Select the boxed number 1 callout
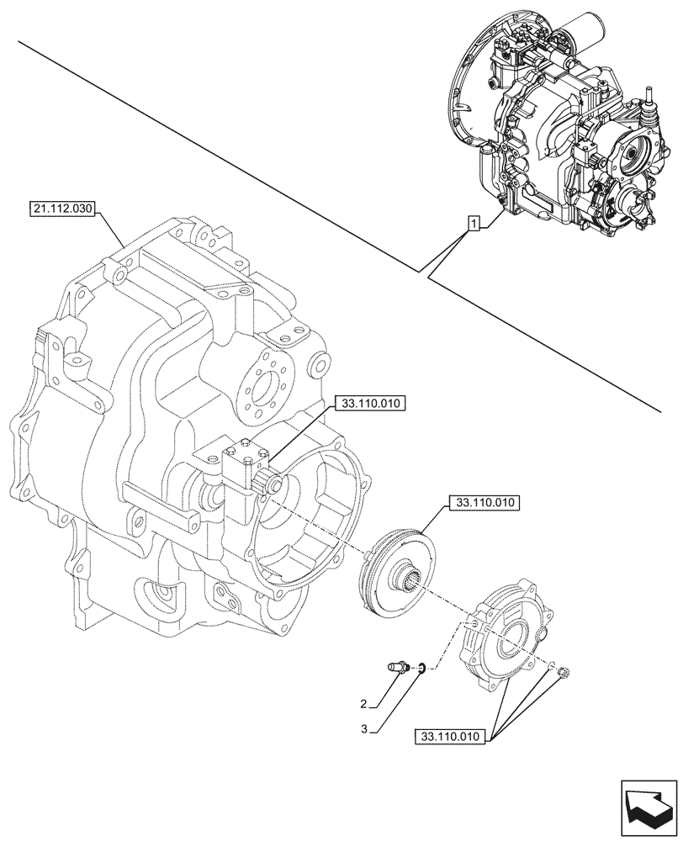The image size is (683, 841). (474, 223)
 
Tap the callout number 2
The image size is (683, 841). (363, 703)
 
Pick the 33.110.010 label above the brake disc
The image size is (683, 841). (486, 503)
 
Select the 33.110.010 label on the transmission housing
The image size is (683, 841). (370, 405)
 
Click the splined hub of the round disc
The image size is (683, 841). (411, 579)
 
